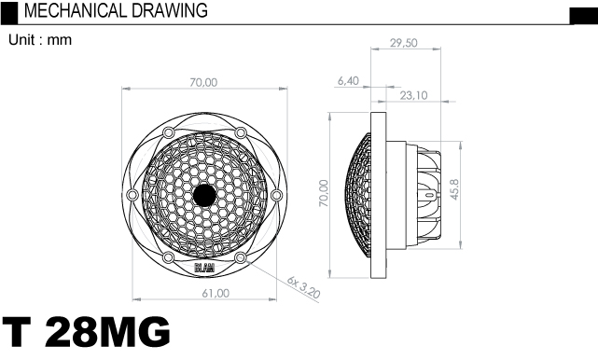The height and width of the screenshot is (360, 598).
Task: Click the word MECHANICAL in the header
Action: click(75, 10)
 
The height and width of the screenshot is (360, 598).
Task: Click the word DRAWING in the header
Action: click(170, 10)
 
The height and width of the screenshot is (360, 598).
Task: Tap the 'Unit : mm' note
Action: click(40, 40)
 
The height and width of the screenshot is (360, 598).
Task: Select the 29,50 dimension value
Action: click(404, 43)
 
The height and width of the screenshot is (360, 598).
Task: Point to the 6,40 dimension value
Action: click(348, 81)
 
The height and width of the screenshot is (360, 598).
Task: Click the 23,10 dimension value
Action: click(413, 95)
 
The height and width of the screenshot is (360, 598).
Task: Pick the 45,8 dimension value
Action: click(454, 189)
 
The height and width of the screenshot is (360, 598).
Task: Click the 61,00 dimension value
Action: click(216, 293)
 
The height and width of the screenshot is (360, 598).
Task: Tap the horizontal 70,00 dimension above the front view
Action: click(203, 82)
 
